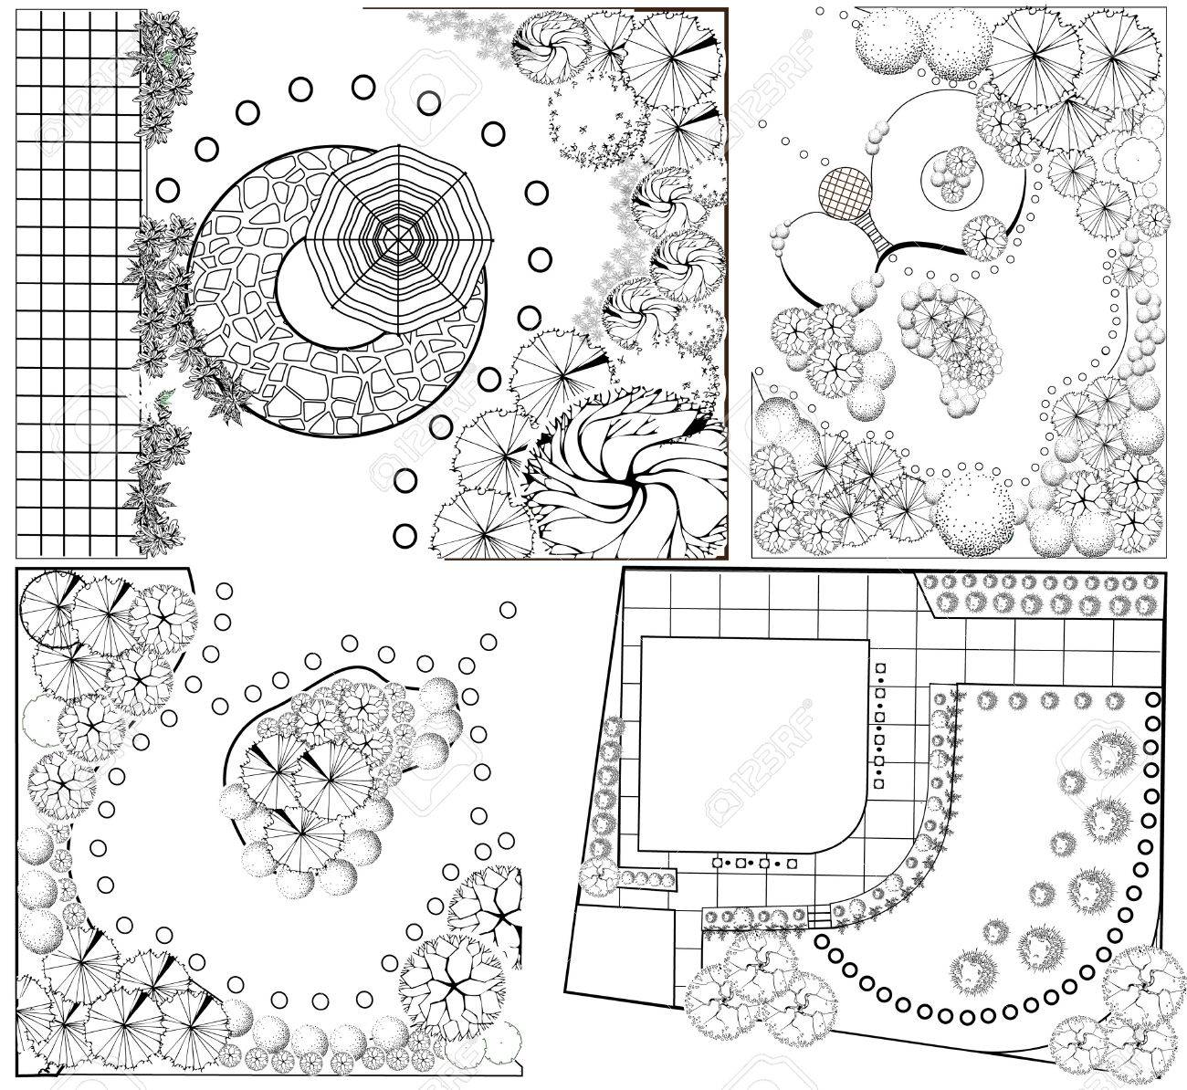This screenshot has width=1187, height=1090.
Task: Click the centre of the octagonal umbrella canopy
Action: tap(397, 240)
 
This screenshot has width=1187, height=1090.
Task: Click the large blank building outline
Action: tap(752, 744)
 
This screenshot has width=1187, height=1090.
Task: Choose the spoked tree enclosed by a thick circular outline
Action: tap(50, 610)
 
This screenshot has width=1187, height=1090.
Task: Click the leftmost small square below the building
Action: tap(718, 863)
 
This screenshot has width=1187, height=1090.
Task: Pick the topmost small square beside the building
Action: tap(880, 668)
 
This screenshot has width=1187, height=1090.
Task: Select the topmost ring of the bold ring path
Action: tap(1152, 699)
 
